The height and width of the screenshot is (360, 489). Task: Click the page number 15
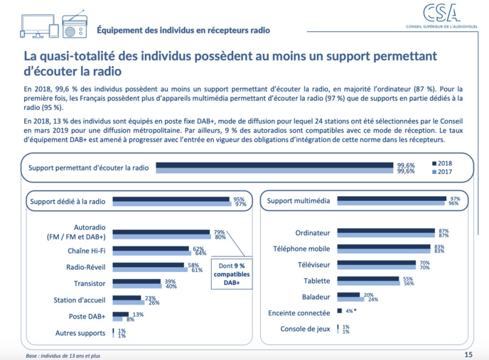coord(468,353)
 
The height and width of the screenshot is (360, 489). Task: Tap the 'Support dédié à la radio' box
coord(68,202)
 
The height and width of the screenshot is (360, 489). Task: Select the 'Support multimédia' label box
coord(299,202)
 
